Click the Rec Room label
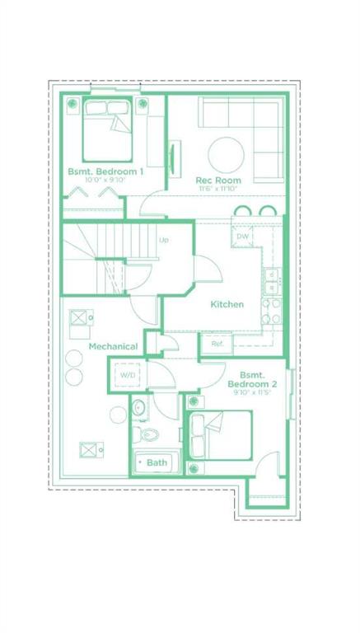click(218, 180)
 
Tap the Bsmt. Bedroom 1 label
click(105, 171)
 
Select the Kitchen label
click(227, 304)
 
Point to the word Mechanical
click(113, 346)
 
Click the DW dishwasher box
click(242, 237)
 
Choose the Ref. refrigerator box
click(217, 345)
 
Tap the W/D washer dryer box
click(128, 375)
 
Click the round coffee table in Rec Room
click(226, 155)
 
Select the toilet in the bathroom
click(146, 434)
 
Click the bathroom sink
click(139, 408)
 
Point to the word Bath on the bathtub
click(157, 462)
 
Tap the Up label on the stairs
click(163, 240)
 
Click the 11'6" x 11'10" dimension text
click(218, 188)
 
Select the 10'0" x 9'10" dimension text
click(105, 180)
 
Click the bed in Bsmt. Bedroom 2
click(218, 435)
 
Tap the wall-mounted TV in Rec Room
click(173, 158)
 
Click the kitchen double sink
click(274, 281)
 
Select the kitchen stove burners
click(271, 312)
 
